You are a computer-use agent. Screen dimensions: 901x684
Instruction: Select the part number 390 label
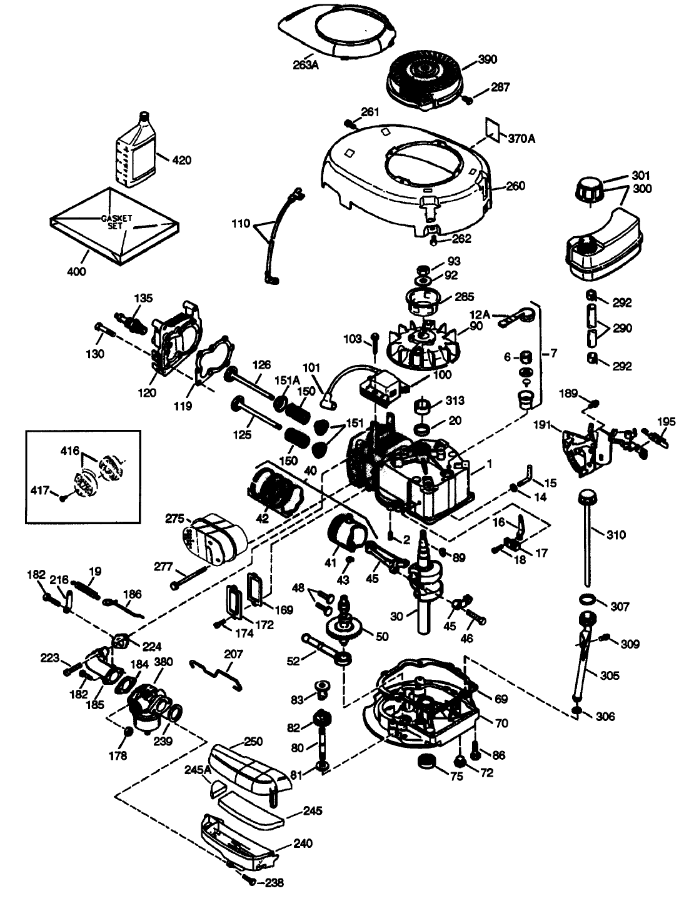coord(487,59)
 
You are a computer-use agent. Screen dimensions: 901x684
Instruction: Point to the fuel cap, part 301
coord(588,188)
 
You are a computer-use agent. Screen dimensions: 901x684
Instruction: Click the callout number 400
coord(76,271)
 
